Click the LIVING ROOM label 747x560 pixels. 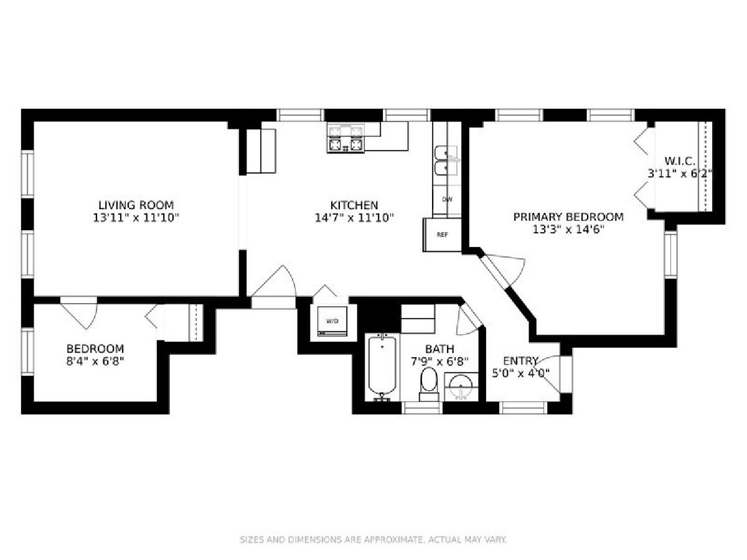tap(136, 205)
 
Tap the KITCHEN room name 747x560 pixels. tap(354, 205)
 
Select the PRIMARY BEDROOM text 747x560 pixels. tap(568, 217)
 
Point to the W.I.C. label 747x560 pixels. tap(680, 161)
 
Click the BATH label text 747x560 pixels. tap(439, 349)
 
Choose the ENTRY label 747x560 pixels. tap(520, 360)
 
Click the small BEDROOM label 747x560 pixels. tap(95, 349)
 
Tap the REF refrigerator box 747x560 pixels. tap(442, 235)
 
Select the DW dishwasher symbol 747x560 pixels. tap(447, 200)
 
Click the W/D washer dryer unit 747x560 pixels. tap(332, 321)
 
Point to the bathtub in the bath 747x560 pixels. tap(382, 367)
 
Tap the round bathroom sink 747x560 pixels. tap(461, 387)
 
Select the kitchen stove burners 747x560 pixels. tap(345, 138)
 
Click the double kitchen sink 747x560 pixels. tap(446, 160)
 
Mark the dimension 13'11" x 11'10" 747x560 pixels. tap(136, 218)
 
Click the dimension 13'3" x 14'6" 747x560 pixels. tap(568, 230)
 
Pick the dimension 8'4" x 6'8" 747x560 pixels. tap(95, 361)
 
